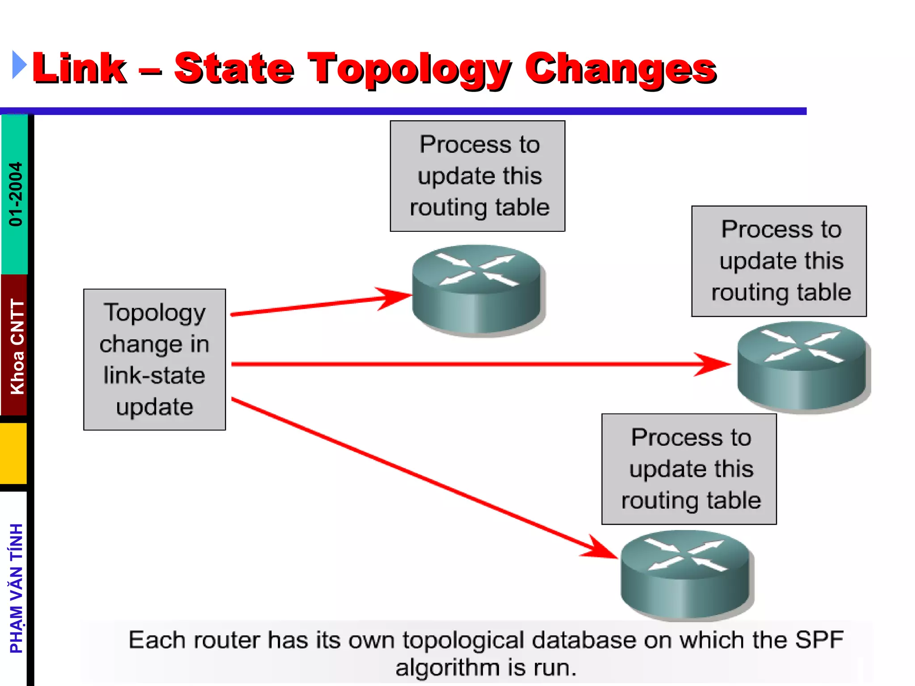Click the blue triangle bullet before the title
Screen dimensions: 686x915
pos(19,65)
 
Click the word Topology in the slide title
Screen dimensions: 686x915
pos(409,69)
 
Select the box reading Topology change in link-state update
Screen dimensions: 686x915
pos(155,360)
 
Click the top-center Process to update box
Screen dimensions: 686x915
pos(478,176)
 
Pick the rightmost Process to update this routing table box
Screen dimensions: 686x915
pos(779,261)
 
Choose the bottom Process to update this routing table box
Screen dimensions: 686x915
pos(689,469)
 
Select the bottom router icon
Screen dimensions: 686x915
pos(686,574)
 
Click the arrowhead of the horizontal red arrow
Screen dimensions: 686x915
pos(715,364)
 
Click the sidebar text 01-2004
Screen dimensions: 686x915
pos(16,194)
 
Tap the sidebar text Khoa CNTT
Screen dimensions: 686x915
pos(17,347)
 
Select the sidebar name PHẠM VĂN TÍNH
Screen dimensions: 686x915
pos(17,588)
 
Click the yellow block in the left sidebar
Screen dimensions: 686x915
pos(13,453)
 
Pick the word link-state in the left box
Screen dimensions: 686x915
pos(155,375)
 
